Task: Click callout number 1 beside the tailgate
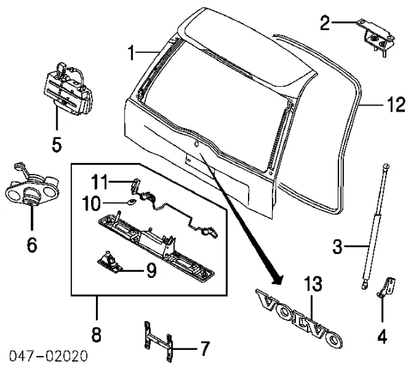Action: click(x=132, y=50)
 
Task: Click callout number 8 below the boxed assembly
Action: click(x=96, y=335)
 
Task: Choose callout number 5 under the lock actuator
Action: click(x=57, y=144)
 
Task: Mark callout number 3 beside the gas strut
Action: click(x=338, y=244)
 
